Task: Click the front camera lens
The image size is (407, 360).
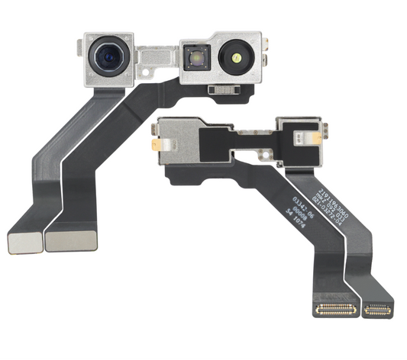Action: pyautogui.click(x=106, y=57)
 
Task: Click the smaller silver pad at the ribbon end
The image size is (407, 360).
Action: pyautogui.click(x=22, y=242)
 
